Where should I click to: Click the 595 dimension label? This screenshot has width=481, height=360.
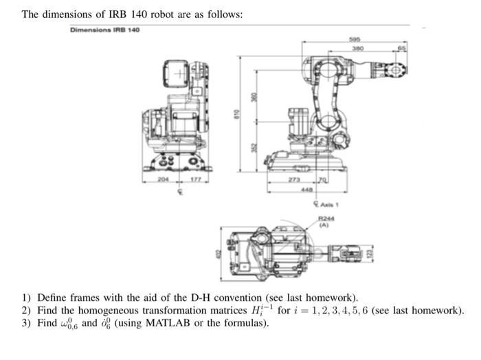(355, 40)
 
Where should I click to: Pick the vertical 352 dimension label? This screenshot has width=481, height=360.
(253, 147)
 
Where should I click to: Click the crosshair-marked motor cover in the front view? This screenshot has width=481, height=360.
(178, 74)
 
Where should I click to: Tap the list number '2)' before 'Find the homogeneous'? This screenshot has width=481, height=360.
(26, 310)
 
